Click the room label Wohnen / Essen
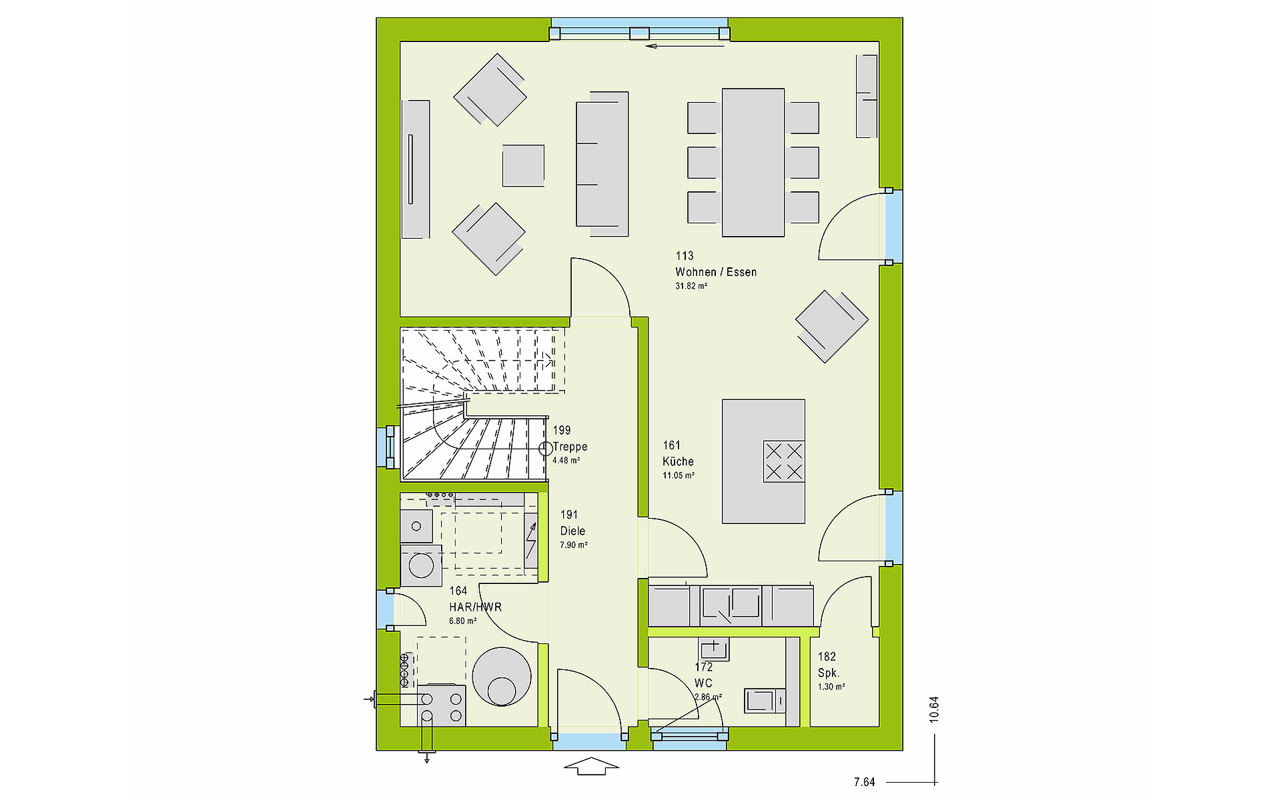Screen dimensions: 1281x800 (x=716, y=272)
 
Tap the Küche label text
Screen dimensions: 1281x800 (x=678, y=461)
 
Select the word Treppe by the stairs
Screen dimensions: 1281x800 (x=570, y=447)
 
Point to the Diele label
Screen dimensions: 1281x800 (x=572, y=531)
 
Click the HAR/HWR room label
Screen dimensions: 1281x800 (x=475, y=607)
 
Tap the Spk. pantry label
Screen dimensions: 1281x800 (x=829, y=673)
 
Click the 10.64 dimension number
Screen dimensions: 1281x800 (x=934, y=709)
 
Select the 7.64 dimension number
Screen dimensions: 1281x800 (x=864, y=782)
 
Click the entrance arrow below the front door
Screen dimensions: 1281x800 (x=591, y=766)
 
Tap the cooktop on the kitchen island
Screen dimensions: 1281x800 (x=784, y=461)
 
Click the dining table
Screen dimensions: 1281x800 (x=753, y=163)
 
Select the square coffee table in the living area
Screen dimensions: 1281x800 (x=523, y=165)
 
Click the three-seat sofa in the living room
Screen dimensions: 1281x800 (x=602, y=164)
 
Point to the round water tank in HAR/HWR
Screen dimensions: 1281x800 (x=502, y=677)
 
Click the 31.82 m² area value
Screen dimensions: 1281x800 (x=691, y=286)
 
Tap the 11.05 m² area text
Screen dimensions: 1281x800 (x=679, y=475)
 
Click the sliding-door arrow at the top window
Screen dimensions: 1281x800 (x=685, y=46)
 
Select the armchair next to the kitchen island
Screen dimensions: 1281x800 (x=831, y=327)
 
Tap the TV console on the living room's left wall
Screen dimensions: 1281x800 (x=416, y=169)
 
